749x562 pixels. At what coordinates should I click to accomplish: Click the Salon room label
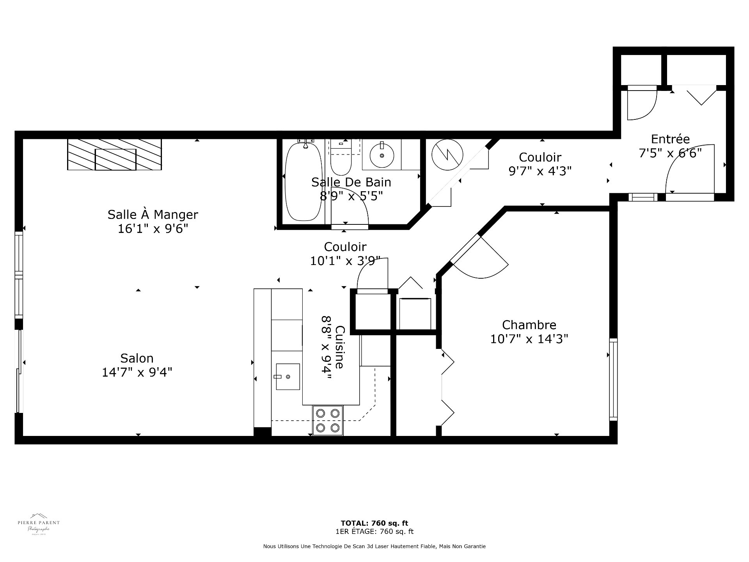[x=137, y=358]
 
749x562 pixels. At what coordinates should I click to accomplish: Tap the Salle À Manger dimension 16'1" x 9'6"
[x=153, y=229]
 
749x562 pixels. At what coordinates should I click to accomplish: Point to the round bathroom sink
[x=382, y=155]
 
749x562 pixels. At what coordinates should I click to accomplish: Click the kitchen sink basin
[x=288, y=377]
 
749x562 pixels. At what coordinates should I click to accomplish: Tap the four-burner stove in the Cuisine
[x=328, y=420]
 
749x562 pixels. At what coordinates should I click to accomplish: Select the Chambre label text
[x=529, y=325]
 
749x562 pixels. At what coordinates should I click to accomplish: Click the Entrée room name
[x=670, y=139]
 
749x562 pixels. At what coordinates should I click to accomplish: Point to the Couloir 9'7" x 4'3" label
[x=540, y=164]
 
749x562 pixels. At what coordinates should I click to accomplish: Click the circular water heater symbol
[x=447, y=155]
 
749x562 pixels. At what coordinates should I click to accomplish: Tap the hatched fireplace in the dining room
[x=114, y=154]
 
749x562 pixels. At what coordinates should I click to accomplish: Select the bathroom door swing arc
[x=351, y=205]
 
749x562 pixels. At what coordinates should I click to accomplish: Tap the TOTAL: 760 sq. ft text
[x=374, y=523]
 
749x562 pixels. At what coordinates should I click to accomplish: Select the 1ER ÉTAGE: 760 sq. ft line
[x=374, y=532]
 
